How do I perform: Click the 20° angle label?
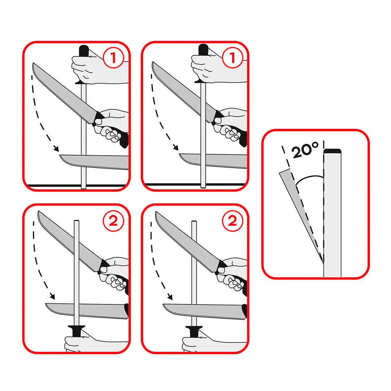[x=305, y=150]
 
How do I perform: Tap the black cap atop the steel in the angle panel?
[x=332, y=151]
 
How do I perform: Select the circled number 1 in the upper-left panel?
[x=114, y=58]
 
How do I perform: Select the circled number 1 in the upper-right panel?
[x=232, y=58]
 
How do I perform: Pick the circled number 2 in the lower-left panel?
[x=114, y=220]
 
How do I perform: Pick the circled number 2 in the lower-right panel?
[x=232, y=220]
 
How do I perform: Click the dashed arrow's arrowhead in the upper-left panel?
[x=56, y=148]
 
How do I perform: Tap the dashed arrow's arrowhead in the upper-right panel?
[x=176, y=148]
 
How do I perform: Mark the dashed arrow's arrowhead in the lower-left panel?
[x=52, y=297]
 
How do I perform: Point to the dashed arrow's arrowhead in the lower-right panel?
[x=170, y=297]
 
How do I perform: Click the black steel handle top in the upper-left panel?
[x=84, y=51]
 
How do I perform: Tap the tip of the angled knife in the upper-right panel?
[x=154, y=63]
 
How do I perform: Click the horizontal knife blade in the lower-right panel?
[x=203, y=311]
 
